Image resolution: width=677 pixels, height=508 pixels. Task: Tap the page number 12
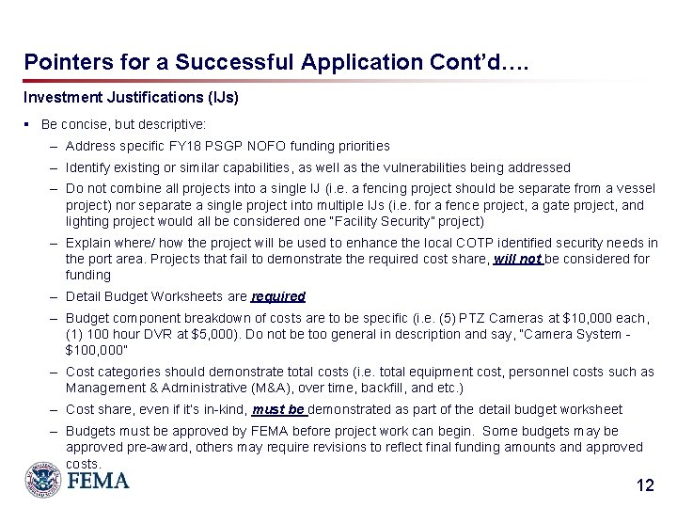pos(644,486)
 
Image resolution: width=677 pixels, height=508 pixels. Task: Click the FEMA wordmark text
pos(97,480)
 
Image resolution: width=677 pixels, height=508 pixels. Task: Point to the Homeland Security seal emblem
pos(42,478)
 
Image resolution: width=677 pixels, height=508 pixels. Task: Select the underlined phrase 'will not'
pos(518,260)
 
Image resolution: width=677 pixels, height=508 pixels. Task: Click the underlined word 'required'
pos(278,296)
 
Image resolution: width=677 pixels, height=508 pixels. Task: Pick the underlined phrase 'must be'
pos(278,409)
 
